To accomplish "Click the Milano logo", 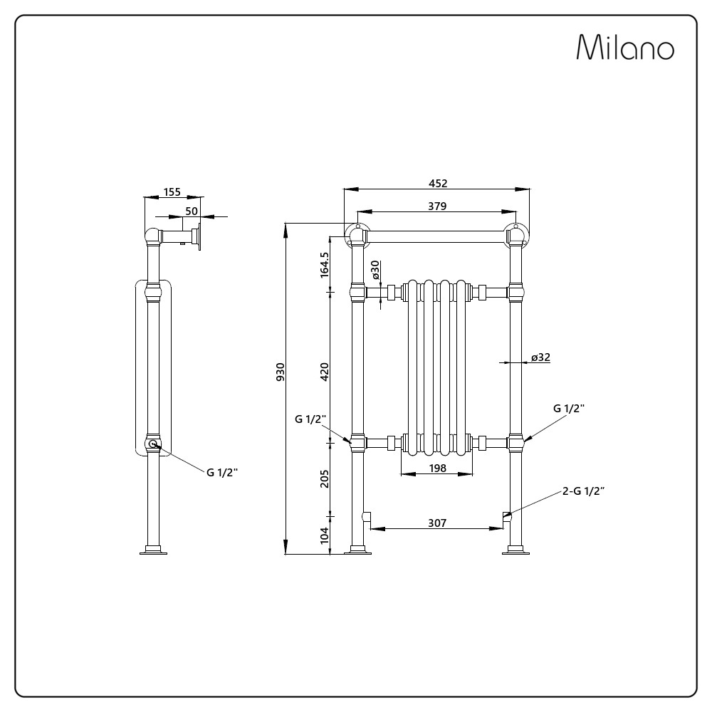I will [x=624, y=48].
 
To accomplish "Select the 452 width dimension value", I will [x=438, y=183].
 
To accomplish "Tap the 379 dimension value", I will [x=438, y=206].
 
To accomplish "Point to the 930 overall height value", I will [x=281, y=372].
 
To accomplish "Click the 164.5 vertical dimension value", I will [x=325, y=264].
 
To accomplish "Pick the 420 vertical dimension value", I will [x=325, y=372].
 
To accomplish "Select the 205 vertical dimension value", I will [x=325, y=478].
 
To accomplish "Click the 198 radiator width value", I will [x=438, y=468].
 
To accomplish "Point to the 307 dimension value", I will [x=437, y=523].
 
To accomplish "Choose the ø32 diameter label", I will [x=540, y=357].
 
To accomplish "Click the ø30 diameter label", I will [x=376, y=271].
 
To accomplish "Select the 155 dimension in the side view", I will [x=172, y=192].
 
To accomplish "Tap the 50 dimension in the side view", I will [x=192, y=211].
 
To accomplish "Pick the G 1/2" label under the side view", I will [x=222, y=473].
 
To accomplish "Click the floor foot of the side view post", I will [x=153, y=550].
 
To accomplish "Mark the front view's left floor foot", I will [x=357, y=550].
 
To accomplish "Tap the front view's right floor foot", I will [x=515, y=550].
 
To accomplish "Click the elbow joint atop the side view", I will [x=153, y=236].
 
